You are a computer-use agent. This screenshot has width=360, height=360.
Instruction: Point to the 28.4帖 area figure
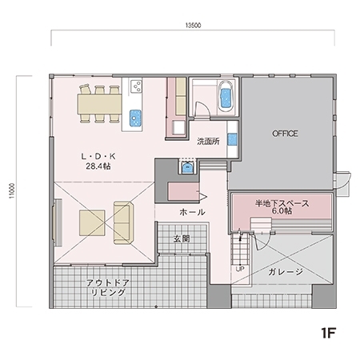click(97, 167)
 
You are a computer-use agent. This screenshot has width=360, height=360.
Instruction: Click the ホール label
click(192, 212)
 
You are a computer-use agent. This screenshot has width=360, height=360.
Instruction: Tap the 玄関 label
click(181, 238)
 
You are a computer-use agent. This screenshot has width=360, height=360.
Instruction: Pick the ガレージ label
click(286, 272)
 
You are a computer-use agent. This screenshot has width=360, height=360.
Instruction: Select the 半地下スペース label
click(282, 204)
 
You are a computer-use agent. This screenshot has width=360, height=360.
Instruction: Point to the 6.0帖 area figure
click(282, 214)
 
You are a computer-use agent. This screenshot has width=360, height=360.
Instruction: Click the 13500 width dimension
click(192, 26)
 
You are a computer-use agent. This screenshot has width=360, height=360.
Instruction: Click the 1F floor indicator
click(328, 332)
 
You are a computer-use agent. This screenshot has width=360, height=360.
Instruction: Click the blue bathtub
click(224, 97)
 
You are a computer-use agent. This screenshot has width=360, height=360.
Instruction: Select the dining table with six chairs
click(99, 103)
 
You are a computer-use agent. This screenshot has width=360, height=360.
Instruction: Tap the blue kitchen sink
click(134, 118)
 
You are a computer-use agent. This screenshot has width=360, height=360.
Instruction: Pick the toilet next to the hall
click(188, 168)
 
